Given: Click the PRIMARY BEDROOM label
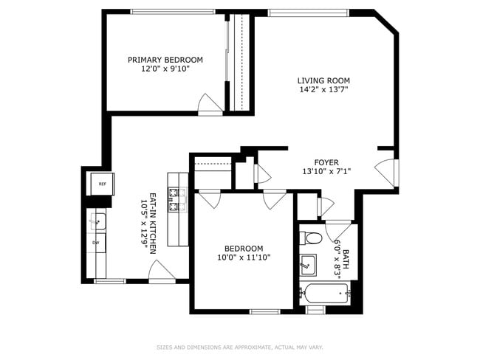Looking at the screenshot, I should tap(165, 60).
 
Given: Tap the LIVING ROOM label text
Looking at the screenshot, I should tap(323, 80).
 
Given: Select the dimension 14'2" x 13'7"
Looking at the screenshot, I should tap(323, 89).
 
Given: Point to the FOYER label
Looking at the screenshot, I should tap(326, 162).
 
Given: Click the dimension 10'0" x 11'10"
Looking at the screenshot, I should tap(243, 257).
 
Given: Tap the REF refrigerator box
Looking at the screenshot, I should tap(102, 184).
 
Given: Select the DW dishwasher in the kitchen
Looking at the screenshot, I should tap(97, 243).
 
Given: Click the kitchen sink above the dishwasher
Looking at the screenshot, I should tap(97, 220).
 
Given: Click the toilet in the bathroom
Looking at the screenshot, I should tap(311, 238).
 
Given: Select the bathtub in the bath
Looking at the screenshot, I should tap(325, 294).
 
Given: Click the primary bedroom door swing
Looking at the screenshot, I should tap(210, 105).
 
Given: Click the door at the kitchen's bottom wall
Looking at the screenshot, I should tap(162, 272).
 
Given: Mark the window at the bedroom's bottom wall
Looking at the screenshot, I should tap(264, 311).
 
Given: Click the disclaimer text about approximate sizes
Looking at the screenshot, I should tap(239, 347).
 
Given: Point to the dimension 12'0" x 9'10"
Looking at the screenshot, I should tap(165, 69).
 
